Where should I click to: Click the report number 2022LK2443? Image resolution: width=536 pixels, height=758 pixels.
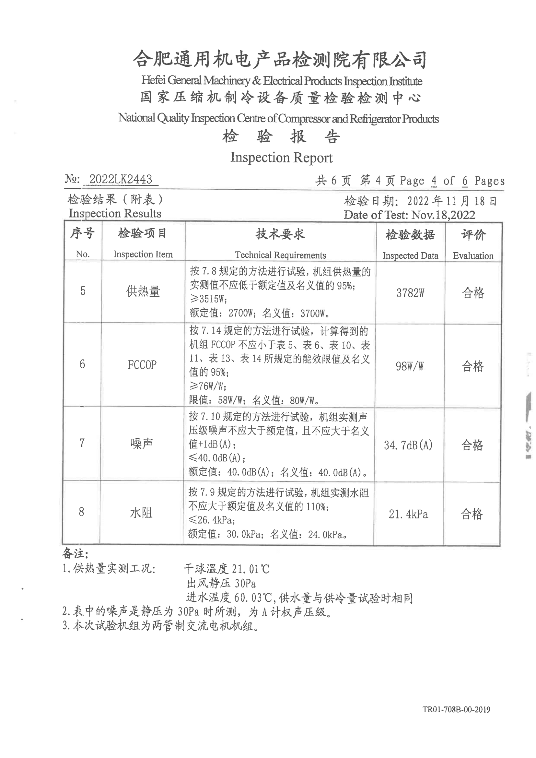121,179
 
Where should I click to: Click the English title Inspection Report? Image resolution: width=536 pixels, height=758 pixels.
281,158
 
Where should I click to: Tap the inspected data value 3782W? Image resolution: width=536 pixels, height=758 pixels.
410,293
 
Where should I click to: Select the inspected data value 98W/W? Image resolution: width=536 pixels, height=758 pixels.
410,366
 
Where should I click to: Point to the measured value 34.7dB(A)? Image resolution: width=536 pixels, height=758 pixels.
408,445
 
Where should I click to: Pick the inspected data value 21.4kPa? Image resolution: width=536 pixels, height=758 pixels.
408,514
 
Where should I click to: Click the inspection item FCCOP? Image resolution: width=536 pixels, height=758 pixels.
142,365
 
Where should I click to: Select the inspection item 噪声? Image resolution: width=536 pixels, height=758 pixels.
142,444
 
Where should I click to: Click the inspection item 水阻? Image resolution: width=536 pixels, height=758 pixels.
141,513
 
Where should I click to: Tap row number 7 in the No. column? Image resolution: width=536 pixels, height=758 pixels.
82,443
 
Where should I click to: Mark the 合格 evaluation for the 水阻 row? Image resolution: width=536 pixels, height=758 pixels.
472,514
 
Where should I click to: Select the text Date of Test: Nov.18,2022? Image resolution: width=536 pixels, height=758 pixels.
409,215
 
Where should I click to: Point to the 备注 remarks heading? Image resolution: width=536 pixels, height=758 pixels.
75,554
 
